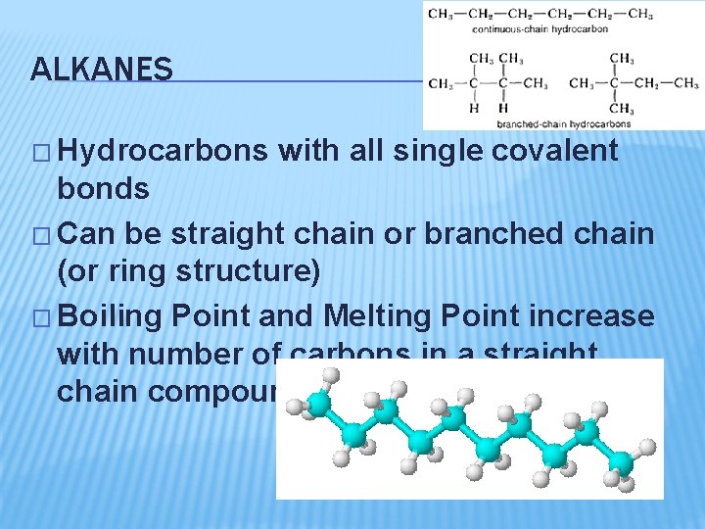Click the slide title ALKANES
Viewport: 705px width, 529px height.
pos(102,70)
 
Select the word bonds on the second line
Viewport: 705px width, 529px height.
pos(104,188)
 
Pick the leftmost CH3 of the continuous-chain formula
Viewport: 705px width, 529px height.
pos(441,14)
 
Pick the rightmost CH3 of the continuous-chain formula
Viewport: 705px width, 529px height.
pos(640,14)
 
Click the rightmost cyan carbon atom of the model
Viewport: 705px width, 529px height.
pos(621,460)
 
